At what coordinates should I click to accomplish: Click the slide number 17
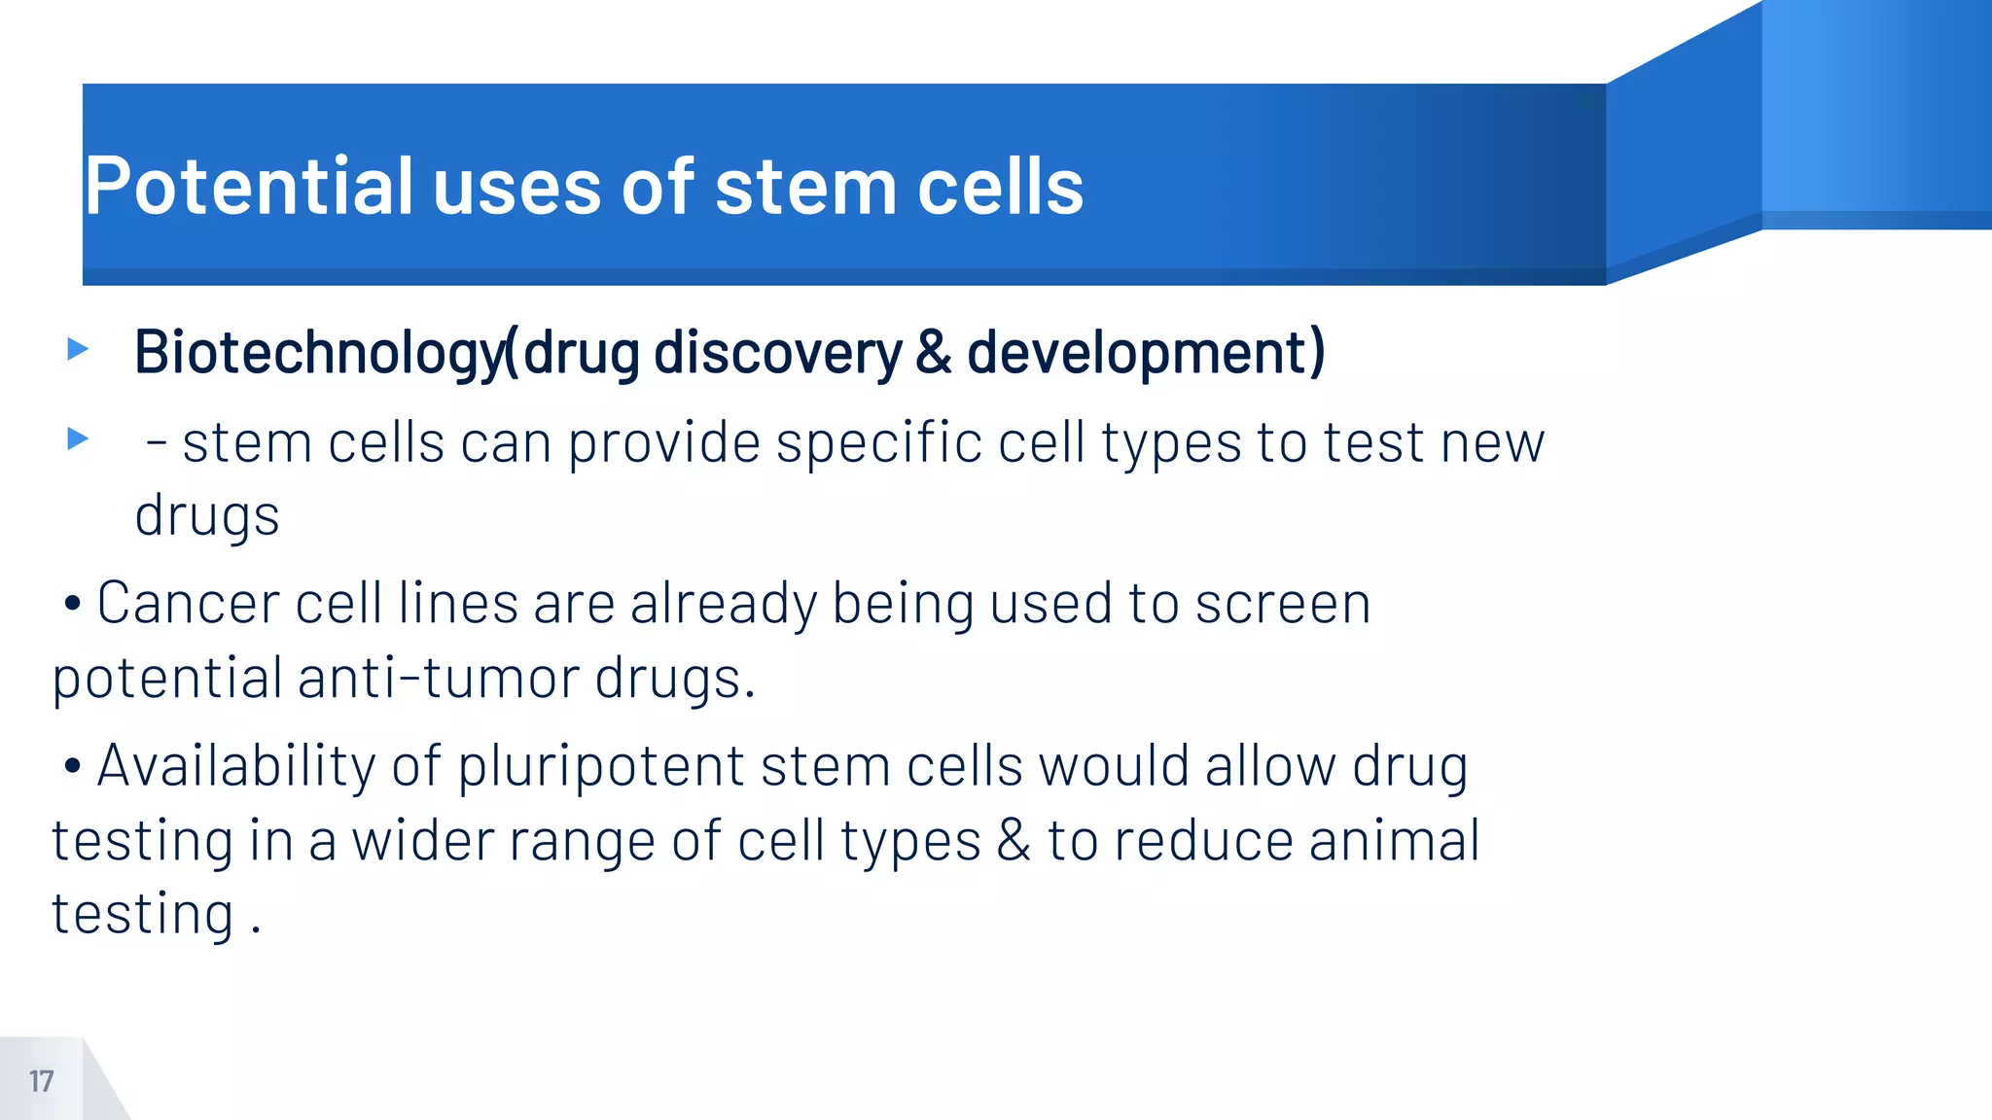click(x=41, y=1081)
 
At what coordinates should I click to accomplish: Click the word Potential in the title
click(x=249, y=187)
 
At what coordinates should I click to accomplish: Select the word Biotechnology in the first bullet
click(x=319, y=352)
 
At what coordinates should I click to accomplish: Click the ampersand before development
click(x=933, y=352)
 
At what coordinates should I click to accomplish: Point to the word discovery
click(x=778, y=352)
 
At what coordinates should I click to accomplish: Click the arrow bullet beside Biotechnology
click(x=78, y=348)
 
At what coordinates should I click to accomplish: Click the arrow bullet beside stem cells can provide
click(x=78, y=438)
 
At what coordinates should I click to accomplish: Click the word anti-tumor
click(x=439, y=678)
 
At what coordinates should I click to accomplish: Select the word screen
click(x=1283, y=603)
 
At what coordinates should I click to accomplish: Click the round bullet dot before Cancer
click(x=72, y=604)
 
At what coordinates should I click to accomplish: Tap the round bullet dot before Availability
click(x=72, y=766)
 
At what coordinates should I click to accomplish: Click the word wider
click(x=422, y=840)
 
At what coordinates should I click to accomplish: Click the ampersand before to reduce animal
click(x=1013, y=840)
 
